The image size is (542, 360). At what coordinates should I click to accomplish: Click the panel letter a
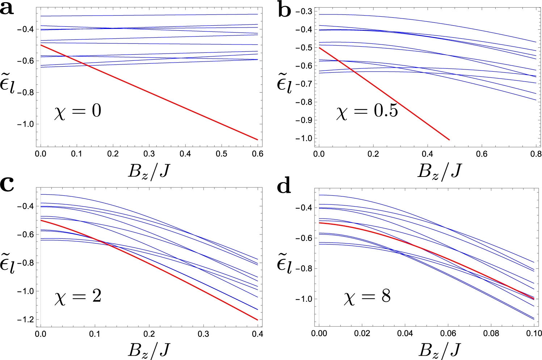[x=7, y=8]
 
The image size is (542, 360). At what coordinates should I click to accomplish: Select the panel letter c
[x=7, y=185]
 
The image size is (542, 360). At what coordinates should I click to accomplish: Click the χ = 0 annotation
[x=78, y=111]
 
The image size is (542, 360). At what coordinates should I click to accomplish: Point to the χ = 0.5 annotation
[x=367, y=111]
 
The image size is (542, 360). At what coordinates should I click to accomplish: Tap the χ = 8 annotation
[x=367, y=297]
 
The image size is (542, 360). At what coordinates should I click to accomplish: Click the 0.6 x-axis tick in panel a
[x=257, y=154]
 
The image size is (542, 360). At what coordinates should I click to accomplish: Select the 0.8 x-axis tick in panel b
[x=535, y=154]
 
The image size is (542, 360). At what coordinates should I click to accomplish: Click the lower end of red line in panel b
[x=449, y=140]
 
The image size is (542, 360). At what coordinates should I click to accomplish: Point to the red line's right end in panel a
[x=257, y=140]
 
